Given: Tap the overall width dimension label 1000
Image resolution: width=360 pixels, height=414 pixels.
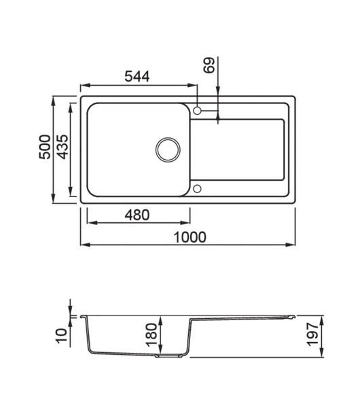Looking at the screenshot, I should (x=190, y=236).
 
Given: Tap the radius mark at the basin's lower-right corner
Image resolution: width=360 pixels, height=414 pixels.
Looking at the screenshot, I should (x=196, y=190).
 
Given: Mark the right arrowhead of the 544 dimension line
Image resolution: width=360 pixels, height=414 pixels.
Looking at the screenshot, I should (x=195, y=84).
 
